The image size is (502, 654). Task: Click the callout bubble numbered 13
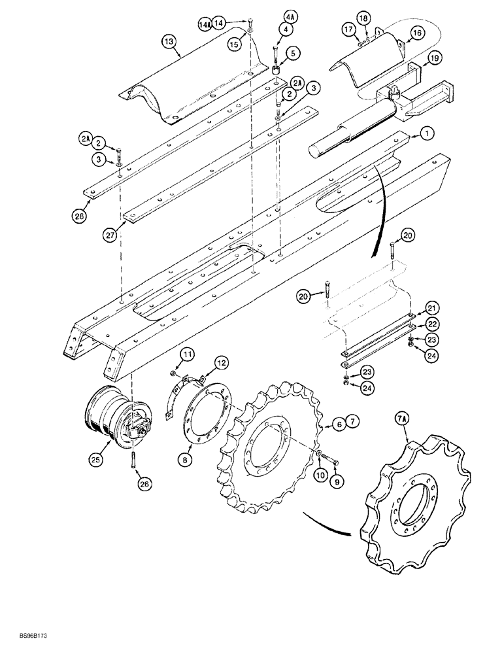pyautogui.click(x=169, y=41)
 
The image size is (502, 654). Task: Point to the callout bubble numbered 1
pyautogui.click(x=426, y=133)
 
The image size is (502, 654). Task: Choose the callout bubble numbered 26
pyautogui.click(x=144, y=484)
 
